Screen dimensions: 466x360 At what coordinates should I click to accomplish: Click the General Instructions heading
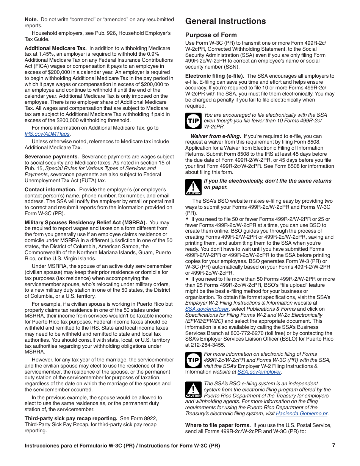(x=225, y=21)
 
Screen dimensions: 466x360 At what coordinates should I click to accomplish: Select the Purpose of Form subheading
(x=211, y=35)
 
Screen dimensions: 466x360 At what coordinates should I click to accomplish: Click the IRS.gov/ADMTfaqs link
(x=47, y=134)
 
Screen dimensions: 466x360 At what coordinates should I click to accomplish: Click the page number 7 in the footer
(x=333, y=446)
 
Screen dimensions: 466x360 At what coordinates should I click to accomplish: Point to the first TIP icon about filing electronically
(x=193, y=121)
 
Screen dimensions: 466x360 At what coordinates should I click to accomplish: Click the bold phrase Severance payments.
(x=52, y=156)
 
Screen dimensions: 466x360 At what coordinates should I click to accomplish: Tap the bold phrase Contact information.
(x=50, y=189)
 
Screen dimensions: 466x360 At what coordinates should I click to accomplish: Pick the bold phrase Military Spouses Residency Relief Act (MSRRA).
(x=86, y=222)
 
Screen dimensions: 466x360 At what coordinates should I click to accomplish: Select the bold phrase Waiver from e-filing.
(x=216, y=136)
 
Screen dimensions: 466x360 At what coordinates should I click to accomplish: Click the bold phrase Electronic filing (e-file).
(x=214, y=76)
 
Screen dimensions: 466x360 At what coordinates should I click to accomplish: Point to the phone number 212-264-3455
(x=209, y=345)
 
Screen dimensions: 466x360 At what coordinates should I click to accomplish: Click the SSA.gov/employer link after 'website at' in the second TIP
(x=260, y=372)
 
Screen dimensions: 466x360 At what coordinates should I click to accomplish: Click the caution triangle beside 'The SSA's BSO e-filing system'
(x=193, y=390)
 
